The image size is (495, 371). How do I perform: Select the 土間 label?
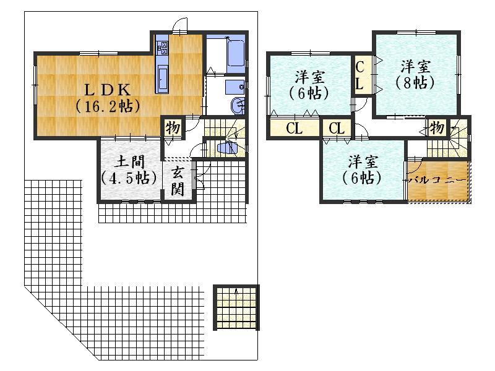(x=130, y=162)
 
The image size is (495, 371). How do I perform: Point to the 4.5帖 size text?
(x=129, y=178)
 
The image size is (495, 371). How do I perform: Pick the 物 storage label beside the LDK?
(x=172, y=128)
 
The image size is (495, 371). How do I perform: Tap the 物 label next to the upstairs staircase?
(x=437, y=128)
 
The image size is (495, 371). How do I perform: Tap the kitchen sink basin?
(x=163, y=79)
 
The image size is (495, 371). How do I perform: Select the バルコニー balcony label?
(x=437, y=179)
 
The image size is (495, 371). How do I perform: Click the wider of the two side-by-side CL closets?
(x=293, y=129)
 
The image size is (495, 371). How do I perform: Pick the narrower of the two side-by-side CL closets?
(x=337, y=129)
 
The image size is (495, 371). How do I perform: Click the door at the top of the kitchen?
(x=179, y=26)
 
